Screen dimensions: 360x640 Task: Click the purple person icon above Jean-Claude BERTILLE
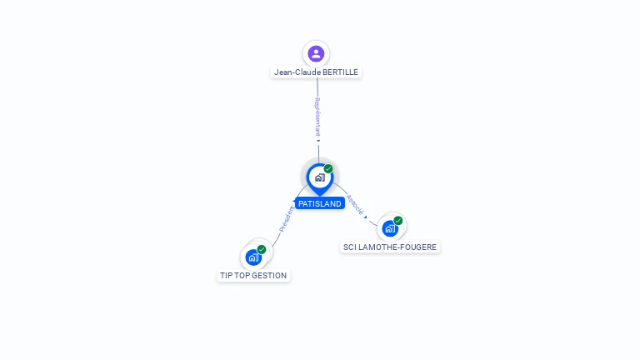tap(316, 54)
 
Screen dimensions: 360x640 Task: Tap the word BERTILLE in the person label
tap(340, 72)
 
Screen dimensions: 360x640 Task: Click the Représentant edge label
tap(317, 117)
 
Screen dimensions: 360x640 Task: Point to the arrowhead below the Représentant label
tap(318, 141)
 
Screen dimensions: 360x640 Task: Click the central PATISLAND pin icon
tap(319, 177)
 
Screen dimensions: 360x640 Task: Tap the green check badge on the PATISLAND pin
tap(328, 169)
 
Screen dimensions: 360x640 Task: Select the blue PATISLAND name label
tap(320, 203)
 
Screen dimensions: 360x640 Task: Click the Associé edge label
tap(353, 205)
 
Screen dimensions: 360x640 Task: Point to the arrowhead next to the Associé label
tap(365, 217)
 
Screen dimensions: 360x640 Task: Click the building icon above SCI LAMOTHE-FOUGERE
tap(389, 228)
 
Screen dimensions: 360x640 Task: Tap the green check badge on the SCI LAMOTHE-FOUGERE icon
tap(398, 221)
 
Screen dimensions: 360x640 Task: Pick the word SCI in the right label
tap(350, 247)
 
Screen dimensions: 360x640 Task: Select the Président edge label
tap(286, 218)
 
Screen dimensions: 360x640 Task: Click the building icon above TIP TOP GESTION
tap(254, 257)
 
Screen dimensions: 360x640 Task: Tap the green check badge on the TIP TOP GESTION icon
tap(262, 249)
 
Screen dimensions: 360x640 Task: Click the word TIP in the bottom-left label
tap(226, 276)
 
